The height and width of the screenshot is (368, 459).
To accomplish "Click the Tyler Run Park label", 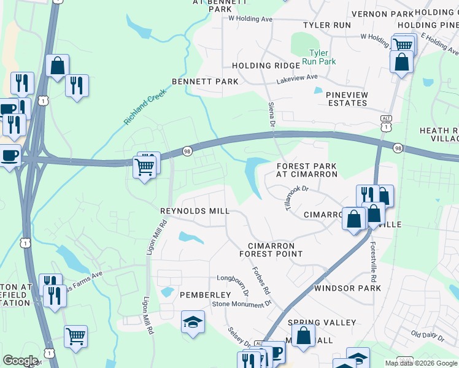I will click(x=322, y=57).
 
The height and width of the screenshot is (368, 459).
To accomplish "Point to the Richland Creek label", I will click(x=144, y=105).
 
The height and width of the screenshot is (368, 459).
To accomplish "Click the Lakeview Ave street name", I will click(x=297, y=79).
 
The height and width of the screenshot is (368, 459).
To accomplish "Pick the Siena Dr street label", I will click(x=271, y=116).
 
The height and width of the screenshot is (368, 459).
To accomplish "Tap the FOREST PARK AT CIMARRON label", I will click(x=307, y=170).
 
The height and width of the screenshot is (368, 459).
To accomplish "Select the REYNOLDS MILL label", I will click(x=195, y=211).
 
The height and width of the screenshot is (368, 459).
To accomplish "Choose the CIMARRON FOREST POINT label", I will click(x=271, y=249).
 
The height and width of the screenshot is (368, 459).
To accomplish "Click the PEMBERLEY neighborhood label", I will click(x=205, y=295).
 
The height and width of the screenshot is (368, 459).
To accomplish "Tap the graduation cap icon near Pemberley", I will click(x=193, y=323).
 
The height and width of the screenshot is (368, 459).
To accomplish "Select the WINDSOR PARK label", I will click(x=347, y=288).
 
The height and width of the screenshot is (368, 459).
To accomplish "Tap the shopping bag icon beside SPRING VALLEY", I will click(x=303, y=336).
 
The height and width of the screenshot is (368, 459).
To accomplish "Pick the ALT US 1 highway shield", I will click(x=385, y=123).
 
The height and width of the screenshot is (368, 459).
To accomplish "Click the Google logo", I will click(x=20, y=361).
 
